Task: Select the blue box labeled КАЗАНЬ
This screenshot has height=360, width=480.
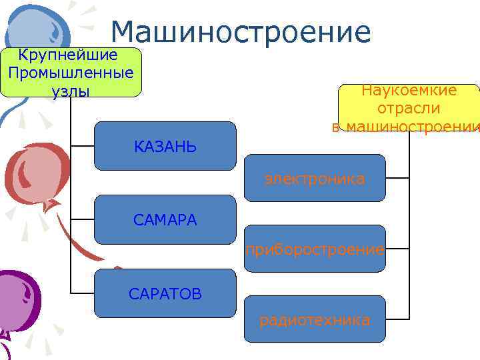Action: click(165, 146)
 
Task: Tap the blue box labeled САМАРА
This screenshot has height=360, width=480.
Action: click(165, 219)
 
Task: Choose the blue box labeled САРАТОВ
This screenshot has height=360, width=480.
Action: click(165, 293)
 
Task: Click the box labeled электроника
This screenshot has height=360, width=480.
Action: click(315, 178)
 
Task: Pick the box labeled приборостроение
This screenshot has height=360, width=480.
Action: click(315, 249)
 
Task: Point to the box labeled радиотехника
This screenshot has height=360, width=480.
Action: click(315, 320)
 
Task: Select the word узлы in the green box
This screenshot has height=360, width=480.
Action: click(70, 90)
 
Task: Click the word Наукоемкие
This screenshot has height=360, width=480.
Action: click(409, 91)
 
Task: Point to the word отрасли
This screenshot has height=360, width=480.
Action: click(409, 108)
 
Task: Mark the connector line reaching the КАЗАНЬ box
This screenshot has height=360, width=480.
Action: click(82, 145)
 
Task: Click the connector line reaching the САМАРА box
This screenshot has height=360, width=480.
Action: click(82, 219)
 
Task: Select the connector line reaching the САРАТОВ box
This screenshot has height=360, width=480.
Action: click(82, 293)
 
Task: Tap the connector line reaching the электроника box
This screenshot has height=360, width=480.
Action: click(397, 178)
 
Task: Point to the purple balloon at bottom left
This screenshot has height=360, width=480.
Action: click(17, 300)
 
